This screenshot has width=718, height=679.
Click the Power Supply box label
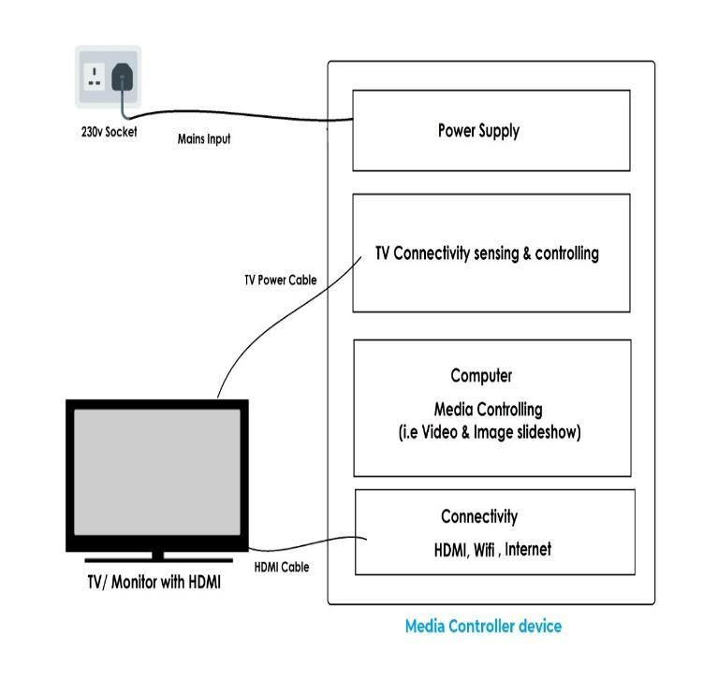point(477,130)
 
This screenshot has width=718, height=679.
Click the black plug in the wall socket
point(122,78)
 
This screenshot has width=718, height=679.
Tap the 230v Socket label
point(109,132)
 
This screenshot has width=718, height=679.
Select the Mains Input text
point(204,139)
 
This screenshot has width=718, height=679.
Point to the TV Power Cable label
point(280,280)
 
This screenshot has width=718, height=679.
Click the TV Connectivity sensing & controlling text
point(487,253)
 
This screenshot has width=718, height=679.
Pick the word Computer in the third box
point(481,376)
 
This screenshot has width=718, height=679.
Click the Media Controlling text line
point(488,410)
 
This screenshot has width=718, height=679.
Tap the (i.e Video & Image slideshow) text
point(489,433)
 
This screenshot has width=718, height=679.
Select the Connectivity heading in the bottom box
point(478,516)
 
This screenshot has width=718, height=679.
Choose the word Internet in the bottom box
point(528,549)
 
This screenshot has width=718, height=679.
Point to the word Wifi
point(484,550)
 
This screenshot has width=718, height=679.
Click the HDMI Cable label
point(281,567)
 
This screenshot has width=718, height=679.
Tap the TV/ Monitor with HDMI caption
point(154,582)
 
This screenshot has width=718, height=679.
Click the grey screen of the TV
point(156,476)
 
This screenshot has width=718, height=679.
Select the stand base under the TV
point(156,559)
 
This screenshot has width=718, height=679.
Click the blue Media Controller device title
point(483,626)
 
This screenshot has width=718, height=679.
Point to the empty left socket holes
point(95,75)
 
